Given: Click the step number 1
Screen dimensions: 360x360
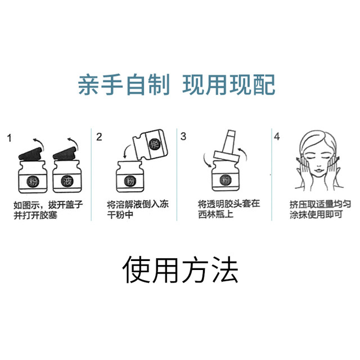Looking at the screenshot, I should pyautogui.click(x=9, y=137).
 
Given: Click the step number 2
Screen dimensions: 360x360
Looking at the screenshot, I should pyautogui.click(x=100, y=137).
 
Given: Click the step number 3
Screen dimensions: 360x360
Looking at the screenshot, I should pyautogui.click(x=183, y=137).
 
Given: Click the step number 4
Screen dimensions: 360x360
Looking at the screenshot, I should pyautogui.click(x=276, y=137).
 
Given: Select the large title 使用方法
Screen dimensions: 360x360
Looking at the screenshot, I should pyautogui.click(x=180, y=271).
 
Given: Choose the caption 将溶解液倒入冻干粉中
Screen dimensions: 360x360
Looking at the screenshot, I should pyautogui.click(x=133, y=211).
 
